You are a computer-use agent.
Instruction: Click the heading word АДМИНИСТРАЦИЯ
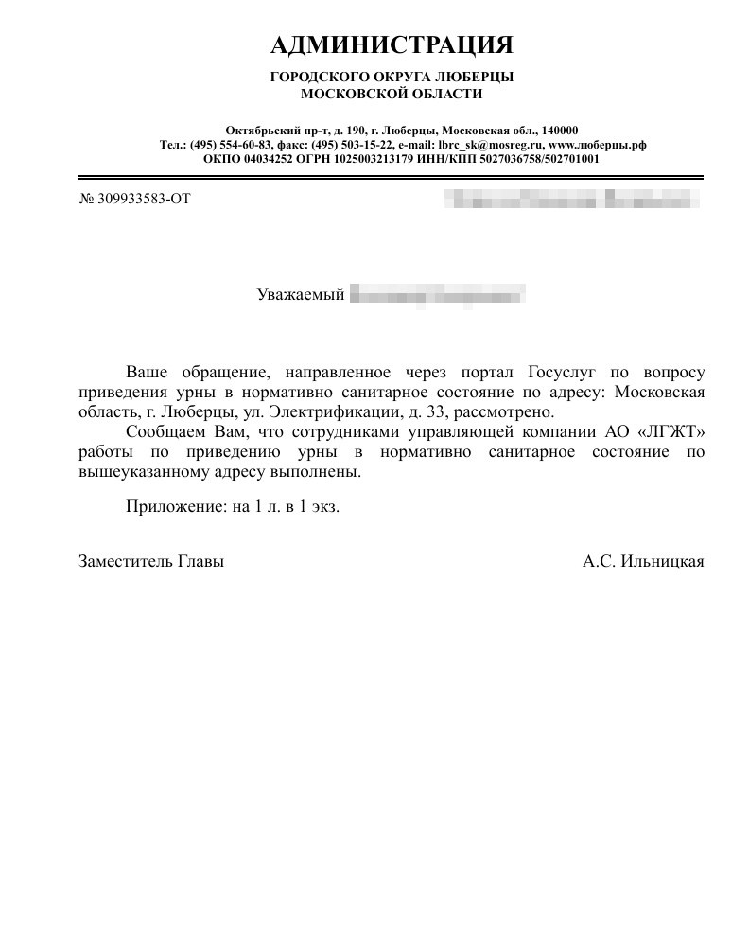click(x=392, y=45)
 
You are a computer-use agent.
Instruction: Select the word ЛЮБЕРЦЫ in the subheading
click(x=481, y=78)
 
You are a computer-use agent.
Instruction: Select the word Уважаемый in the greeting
click(x=300, y=295)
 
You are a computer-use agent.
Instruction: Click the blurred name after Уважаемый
click(x=437, y=295)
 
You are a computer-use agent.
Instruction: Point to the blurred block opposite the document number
click(x=571, y=200)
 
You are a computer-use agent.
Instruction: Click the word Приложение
click(x=176, y=506)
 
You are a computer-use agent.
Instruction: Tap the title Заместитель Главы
click(x=151, y=561)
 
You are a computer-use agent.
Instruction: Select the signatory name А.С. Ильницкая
click(x=643, y=561)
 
